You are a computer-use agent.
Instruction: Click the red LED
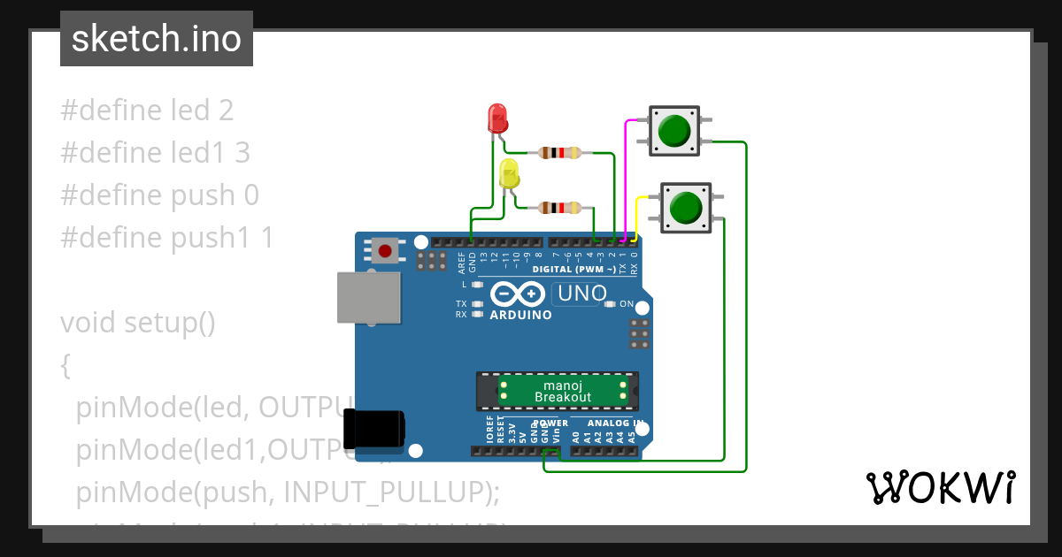tap(498, 118)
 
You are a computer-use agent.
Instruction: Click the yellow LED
tap(510, 173)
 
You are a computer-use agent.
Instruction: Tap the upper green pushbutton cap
tap(674, 130)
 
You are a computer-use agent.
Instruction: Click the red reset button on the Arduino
tap(385, 251)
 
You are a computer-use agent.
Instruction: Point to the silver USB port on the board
tap(367, 297)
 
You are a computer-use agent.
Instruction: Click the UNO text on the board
tap(581, 293)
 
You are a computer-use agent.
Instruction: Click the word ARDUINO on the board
tap(520, 315)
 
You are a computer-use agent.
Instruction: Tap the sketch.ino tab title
tap(157, 39)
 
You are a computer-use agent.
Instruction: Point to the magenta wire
tap(627, 177)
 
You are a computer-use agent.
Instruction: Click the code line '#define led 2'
tap(147, 111)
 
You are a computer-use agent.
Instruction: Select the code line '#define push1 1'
tap(167, 238)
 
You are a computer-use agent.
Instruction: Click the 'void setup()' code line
tap(138, 323)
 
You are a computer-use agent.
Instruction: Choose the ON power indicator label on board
tap(626, 304)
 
